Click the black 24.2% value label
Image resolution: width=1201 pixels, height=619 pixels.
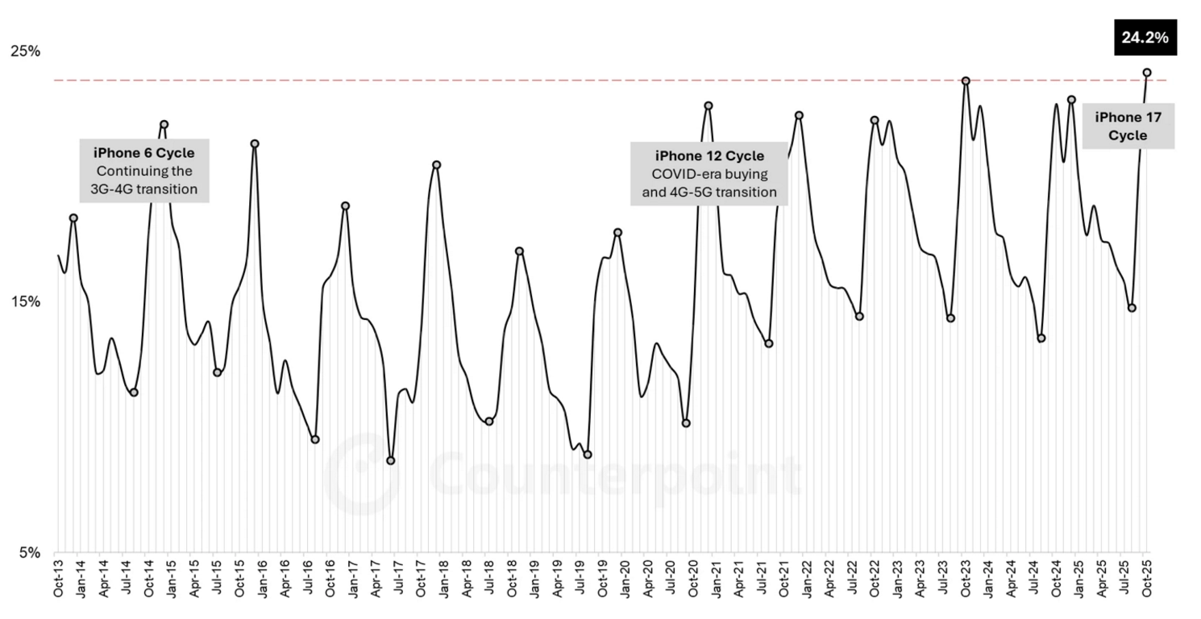pos(1145,38)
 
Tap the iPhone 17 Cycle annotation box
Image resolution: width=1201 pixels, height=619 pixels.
pos(1128,127)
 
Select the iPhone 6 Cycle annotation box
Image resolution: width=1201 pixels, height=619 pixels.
pos(144,171)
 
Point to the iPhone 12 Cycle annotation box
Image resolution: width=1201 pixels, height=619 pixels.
pos(709,174)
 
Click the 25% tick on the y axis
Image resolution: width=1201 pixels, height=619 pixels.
pos(25,52)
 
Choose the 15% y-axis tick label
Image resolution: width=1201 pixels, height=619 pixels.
pos(25,302)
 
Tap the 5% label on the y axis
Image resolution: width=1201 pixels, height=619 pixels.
pos(29,554)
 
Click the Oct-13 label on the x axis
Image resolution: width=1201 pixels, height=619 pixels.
pos(58,579)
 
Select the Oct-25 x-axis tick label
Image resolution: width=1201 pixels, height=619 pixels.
pos(1147,579)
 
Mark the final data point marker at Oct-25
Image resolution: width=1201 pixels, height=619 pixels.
pos(1147,73)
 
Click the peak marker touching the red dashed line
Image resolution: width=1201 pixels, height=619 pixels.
pos(965,81)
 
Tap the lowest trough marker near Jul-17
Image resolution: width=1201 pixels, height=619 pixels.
pos(391,461)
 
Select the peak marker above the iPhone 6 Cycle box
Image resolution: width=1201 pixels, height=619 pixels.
pos(164,125)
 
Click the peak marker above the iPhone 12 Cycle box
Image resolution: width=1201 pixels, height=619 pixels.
pos(709,106)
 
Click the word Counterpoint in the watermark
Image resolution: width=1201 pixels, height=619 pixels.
pos(613,475)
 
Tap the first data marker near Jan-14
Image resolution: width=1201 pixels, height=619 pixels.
pos(73,218)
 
